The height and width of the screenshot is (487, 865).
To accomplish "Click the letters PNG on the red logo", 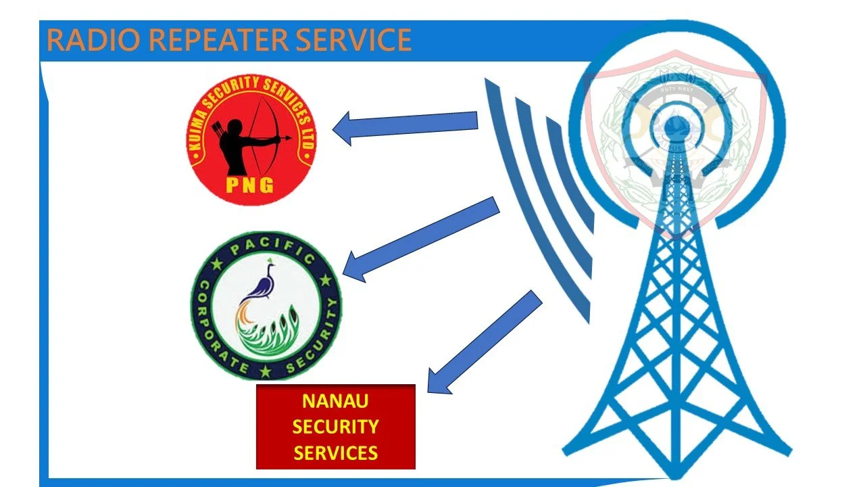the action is [251, 185].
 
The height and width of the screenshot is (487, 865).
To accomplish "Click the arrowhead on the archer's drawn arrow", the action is [289, 138].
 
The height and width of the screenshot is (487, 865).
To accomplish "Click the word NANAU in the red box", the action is [335, 401].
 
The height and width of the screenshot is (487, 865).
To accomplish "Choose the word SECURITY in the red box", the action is [335, 427].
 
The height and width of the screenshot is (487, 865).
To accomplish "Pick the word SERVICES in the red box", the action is [335, 452].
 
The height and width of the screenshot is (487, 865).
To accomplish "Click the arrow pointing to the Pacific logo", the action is [422, 237].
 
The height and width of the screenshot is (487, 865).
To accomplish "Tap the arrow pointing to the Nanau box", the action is [487, 342].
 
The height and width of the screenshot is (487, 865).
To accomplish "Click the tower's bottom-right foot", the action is [784, 450].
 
